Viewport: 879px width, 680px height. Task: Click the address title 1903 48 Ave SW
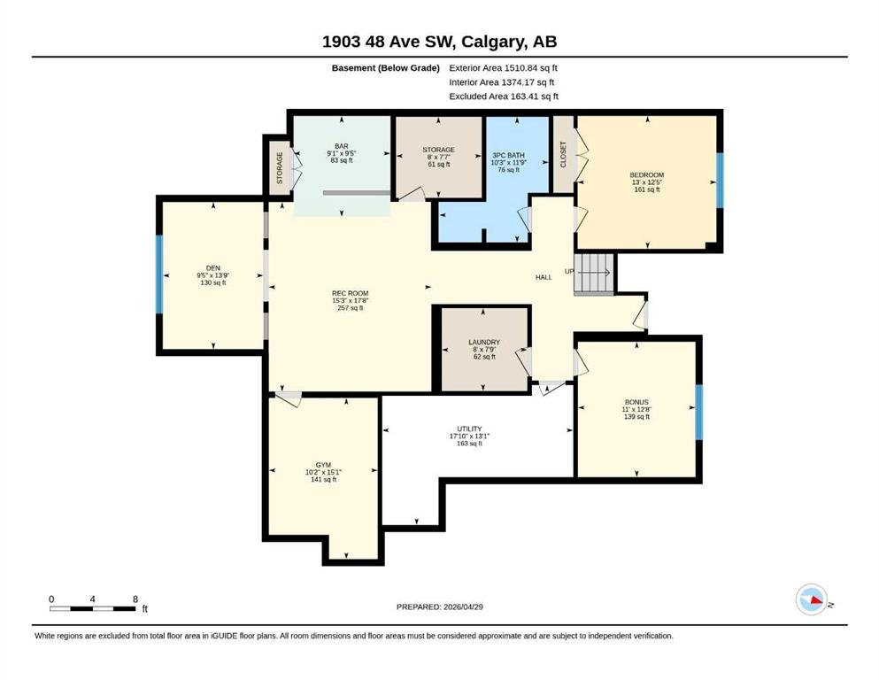pos(389,42)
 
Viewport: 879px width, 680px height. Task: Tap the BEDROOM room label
pos(646,175)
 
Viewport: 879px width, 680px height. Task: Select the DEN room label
pos(213,268)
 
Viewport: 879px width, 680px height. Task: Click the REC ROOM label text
pos(350,293)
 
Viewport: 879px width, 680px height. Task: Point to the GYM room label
pos(323,465)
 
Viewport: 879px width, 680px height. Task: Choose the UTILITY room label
pos(469,429)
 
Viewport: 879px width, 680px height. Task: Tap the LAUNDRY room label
pos(484,342)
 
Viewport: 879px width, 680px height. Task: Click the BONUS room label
pos(636,402)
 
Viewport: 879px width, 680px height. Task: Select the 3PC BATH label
pos(508,155)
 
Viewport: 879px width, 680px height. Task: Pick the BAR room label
pos(342,146)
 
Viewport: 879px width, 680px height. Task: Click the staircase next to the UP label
pos(594,274)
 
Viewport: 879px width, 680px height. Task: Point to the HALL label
pos(544,277)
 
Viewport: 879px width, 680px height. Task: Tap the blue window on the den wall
pos(159,274)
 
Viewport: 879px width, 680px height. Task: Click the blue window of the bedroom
pos(720,180)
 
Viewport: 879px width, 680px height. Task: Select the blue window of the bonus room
pos(698,413)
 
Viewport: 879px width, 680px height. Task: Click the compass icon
pos(811,599)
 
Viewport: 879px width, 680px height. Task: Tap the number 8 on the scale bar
pos(135,599)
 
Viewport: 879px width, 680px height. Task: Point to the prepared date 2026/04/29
pos(463,607)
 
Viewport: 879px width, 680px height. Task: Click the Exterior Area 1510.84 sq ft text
pos(503,68)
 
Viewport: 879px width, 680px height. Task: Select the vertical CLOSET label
pos(563,154)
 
